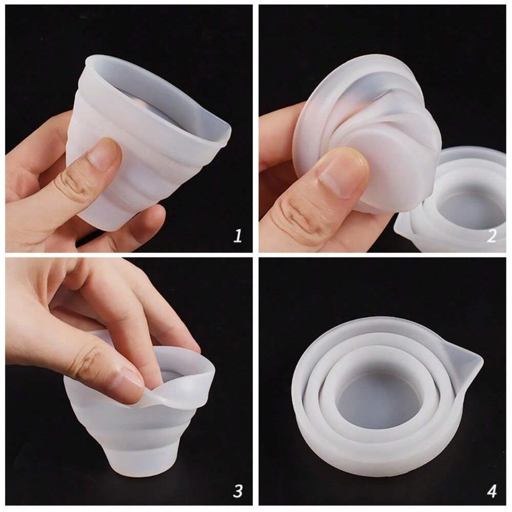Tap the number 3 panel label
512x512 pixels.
tap(238, 491)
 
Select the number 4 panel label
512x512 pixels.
tap(492, 491)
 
